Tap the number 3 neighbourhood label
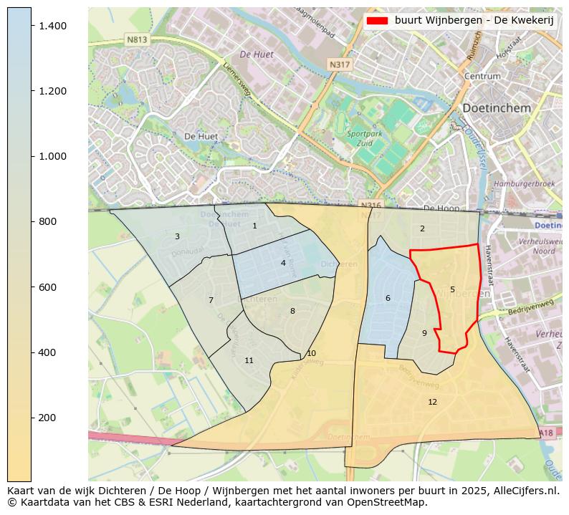pos(177,236)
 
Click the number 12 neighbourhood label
pos(432,402)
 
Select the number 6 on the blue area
pos(388,298)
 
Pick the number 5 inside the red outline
pos(452,289)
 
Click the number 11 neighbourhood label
pos(249,360)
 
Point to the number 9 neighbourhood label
pos(424,332)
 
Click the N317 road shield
pos(339,64)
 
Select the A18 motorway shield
pos(545,433)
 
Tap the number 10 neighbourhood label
pos(311,353)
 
